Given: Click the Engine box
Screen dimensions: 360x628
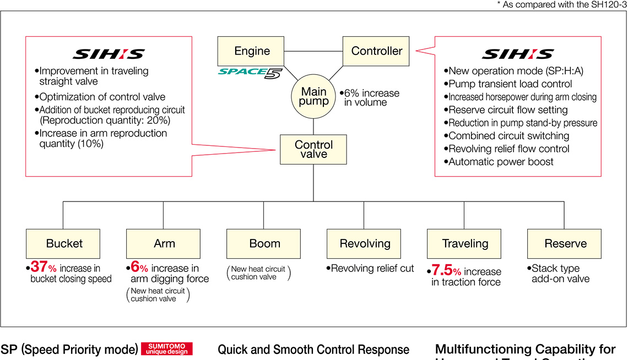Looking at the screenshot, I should coord(252,51).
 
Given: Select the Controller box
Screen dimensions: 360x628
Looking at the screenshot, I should coord(377,51).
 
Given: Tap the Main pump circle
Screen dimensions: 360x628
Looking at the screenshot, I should coord(313,96).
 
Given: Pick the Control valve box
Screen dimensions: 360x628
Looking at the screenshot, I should coord(313,150).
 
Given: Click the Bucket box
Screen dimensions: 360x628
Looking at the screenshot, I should coord(64,243).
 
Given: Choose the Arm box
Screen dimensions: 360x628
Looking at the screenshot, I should coord(164,243).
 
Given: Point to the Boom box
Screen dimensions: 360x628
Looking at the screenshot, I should coord(264,243).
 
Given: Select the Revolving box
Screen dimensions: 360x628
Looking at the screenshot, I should coord(365,243).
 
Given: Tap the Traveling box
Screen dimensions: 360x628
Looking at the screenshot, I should coord(465,243).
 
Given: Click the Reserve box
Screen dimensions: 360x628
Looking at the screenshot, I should coord(565,243).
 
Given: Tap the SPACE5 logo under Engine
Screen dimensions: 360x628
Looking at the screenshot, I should coord(250,72).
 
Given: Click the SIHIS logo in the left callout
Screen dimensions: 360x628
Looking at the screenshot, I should coord(109,54).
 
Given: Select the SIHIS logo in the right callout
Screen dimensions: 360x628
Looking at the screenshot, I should coord(518,54).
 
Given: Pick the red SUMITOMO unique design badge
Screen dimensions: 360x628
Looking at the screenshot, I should coord(167,349).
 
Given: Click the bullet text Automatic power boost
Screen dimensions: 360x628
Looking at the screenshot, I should coord(501,162).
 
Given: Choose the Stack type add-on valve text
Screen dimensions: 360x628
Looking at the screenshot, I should coord(560,274).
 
